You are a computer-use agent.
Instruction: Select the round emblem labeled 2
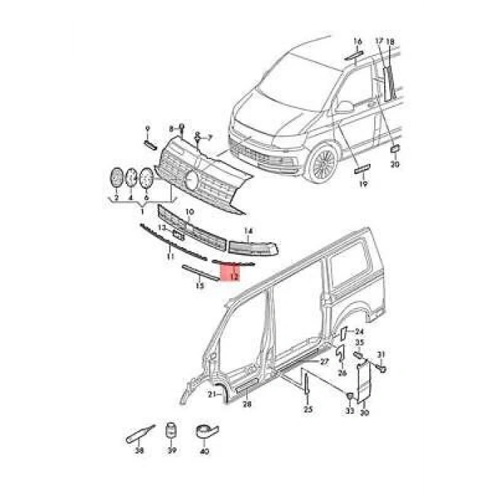pyautogui.click(x=116, y=177)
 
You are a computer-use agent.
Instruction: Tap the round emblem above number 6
pyautogui.click(x=147, y=177)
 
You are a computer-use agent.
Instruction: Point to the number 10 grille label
pyautogui.click(x=190, y=212)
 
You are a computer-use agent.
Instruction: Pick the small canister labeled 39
pyautogui.click(x=170, y=432)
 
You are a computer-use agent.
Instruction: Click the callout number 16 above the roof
pyautogui.click(x=357, y=41)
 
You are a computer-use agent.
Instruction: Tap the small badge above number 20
pyautogui.click(x=395, y=150)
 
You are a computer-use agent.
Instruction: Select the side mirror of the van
pyautogui.click(x=344, y=108)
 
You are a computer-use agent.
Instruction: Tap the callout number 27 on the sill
pyautogui.click(x=324, y=362)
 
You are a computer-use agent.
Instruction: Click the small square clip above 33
pyautogui.click(x=349, y=395)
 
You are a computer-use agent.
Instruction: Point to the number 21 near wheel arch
pyautogui.click(x=211, y=394)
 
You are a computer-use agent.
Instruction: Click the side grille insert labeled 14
pyautogui.click(x=248, y=246)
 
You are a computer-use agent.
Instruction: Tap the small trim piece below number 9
pyautogui.click(x=150, y=143)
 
